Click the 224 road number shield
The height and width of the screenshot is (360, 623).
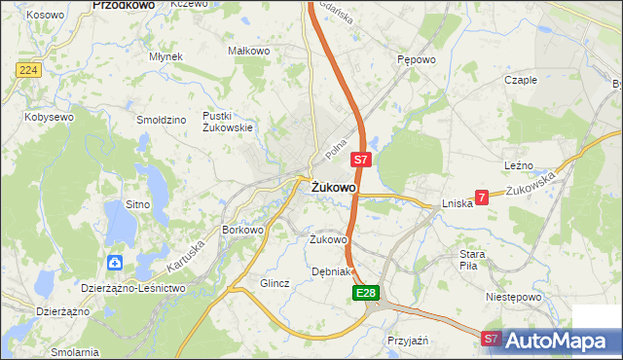(27, 70)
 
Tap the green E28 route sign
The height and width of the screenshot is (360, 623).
(365, 293)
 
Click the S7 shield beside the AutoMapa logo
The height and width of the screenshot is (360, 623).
(493, 339)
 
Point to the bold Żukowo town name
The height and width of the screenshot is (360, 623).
(334, 187)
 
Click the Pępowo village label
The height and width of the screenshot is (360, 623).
(416, 58)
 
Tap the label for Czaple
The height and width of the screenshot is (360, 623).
(521, 80)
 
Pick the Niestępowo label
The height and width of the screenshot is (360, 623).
(512, 295)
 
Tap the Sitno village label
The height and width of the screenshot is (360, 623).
(137, 204)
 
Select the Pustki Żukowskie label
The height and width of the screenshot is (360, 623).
(228, 122)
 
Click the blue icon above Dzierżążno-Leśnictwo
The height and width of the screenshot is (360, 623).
(116, 262)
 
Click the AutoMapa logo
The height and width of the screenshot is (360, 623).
(556, 341)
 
